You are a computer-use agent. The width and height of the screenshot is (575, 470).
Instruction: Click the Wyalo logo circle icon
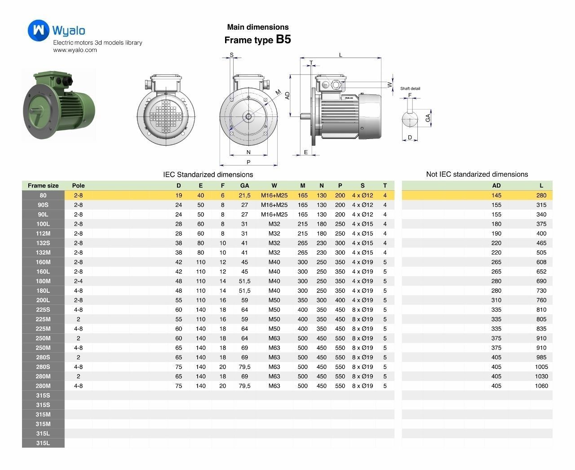[38, 30]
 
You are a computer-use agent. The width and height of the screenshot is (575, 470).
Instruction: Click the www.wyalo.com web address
[75, 50]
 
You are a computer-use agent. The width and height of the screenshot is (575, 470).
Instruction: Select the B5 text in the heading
[283, 40]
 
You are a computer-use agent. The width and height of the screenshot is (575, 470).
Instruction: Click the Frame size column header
[43, 185]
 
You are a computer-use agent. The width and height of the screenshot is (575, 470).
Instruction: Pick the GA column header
[244, 185]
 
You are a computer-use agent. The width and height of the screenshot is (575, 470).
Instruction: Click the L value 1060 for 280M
[541, 386]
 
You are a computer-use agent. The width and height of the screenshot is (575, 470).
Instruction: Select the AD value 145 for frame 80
[496, 195]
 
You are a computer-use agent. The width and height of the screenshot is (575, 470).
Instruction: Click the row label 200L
[43, 300]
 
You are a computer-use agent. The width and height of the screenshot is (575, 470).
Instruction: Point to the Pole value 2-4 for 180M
[78, 281]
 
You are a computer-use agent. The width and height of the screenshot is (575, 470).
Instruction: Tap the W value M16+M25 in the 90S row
[274, 205]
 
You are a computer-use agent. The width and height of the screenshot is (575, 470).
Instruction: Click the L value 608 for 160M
[541, 262]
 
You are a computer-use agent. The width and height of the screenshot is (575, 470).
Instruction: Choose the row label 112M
[43, 233]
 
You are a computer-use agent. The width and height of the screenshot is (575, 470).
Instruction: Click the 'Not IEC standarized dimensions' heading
[477, 174]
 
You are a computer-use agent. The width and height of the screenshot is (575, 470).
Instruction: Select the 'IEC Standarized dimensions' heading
[208, 175]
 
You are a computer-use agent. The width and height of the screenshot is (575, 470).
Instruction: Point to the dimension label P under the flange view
[248, 162]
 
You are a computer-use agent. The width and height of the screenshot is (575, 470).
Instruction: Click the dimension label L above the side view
[341, 55]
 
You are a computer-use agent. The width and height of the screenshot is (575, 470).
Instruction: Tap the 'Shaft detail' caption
[410, 89]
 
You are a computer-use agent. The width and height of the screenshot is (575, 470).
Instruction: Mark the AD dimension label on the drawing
[288, 95]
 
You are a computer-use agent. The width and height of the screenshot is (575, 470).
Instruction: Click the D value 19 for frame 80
[179, 195]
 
